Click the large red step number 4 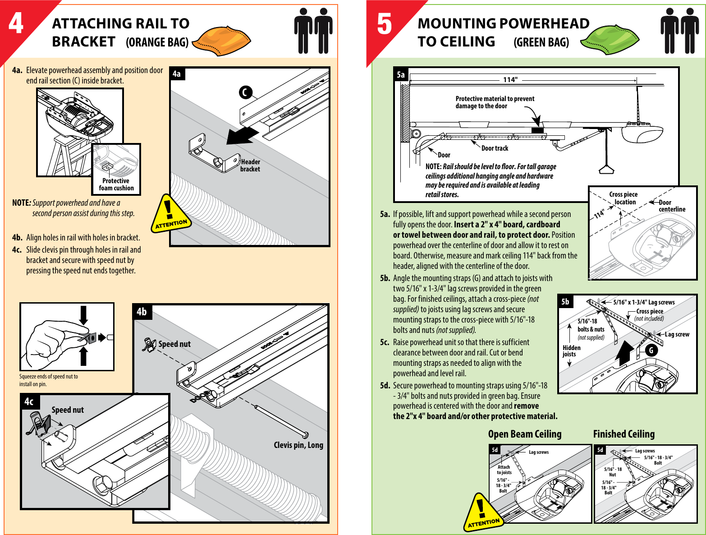point(16,23)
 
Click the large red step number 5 point(384,24)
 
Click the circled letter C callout point(245,92)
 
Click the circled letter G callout point(651,351)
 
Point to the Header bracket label point(250,166)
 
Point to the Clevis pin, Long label point(298,445)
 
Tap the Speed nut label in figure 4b point(174,344)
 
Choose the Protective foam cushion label point(116,184)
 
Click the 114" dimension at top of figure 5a point(510,80)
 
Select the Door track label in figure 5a point(495,148)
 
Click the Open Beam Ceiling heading point(525,434)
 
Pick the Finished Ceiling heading point(623,434)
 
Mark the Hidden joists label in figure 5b point(571,351)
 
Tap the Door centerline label point(672,206)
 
